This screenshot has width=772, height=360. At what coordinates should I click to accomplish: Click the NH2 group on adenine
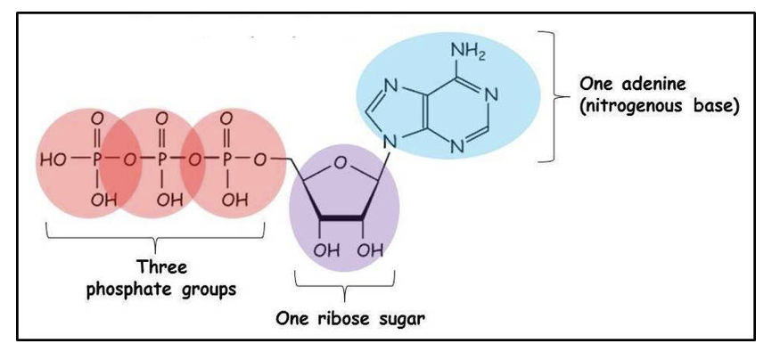click(468, 54)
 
